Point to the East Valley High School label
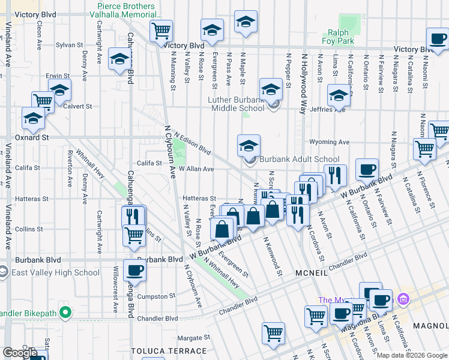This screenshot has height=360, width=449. point(54,272)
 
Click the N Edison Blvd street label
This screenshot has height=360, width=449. point(192,143)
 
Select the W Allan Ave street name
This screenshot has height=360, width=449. point(196,169)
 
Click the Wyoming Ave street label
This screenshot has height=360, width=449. point(329,142)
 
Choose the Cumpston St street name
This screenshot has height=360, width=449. point(156,296)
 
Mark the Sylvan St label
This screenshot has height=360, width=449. point(69,45)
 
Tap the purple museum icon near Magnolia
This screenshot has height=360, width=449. point(403,298)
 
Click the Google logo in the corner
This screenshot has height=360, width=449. point(20,353)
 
